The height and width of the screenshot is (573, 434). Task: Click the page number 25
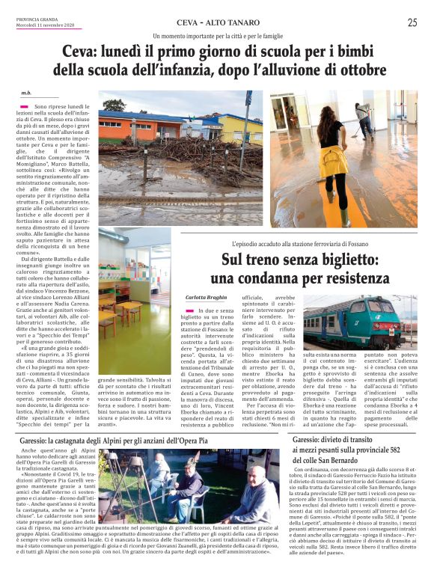pyautogui.click(x=412, y=22)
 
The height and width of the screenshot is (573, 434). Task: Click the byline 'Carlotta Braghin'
pyautogui.click(x=207, y=297)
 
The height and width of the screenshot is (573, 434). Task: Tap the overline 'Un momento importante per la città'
pyautogui.click(x=217, y=36)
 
